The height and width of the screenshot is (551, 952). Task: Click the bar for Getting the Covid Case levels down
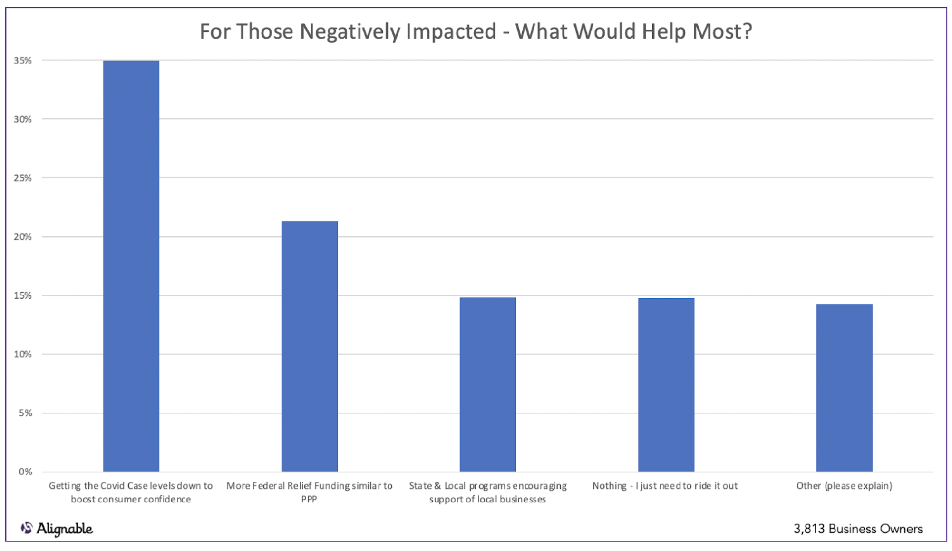click(x=131, y=266)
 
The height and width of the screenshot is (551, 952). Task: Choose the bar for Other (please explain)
click(x=844, y=388)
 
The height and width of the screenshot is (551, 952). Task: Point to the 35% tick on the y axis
click(x=23, y=60)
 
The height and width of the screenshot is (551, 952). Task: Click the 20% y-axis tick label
click(x=23, y=236)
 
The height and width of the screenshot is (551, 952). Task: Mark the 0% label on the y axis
click(x=25, y=472)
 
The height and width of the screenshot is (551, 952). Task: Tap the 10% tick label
click(x=23, y=354)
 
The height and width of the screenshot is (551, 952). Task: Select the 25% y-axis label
click(x=23, y=178)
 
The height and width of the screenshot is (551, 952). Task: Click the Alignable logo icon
click(x=27, y=528)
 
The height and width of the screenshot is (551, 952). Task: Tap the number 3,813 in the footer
click(x=808, y=529)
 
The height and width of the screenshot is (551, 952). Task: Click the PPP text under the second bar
click(x=309, y=499)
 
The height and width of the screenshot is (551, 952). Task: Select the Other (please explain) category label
click(x=844, y=486)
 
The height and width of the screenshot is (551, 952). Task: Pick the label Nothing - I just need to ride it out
click(x=665, y=486)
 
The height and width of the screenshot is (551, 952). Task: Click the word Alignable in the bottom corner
click(x=65, y=529)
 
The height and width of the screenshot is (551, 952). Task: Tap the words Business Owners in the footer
click(x=875, y=529)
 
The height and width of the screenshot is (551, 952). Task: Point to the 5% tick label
click(x=25, y=413)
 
